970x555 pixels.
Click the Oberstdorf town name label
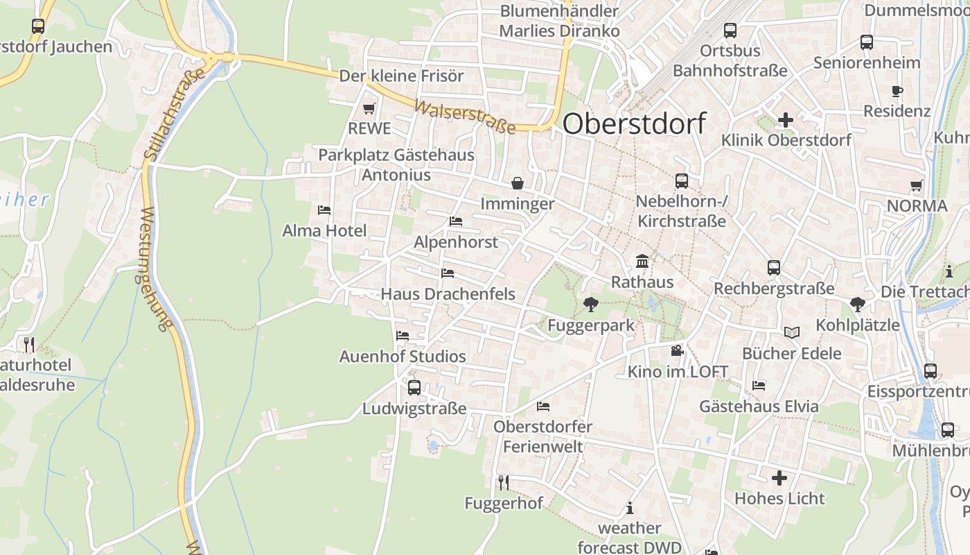(x=634, y=123)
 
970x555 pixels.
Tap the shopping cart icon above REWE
(x=369, y=108)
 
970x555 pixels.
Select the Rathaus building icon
(x=642, y=262)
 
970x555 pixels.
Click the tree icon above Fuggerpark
(x=591, y=304)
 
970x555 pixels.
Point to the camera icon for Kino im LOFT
(x=677, y=351)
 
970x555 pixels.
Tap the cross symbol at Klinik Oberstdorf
(x=785, y=120)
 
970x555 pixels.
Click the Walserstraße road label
(x=465, y=117)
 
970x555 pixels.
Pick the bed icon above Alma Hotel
(x=324, y=210)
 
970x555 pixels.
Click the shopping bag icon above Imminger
(x=518, y=183)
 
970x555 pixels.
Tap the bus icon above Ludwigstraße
(x=414, y=387)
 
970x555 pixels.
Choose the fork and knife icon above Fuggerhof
(x=504, y=482)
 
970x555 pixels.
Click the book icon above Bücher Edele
(x=791, y=332)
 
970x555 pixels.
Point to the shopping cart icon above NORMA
(x=917, y=185)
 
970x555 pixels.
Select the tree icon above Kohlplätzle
(x=857, y=304)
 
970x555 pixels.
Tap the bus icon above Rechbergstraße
(x=774, y=268)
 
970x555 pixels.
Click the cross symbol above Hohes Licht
(x=779, y=477)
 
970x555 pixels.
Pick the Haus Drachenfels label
(x=448, y=294)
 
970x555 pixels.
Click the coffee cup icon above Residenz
(x=897, y=91)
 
